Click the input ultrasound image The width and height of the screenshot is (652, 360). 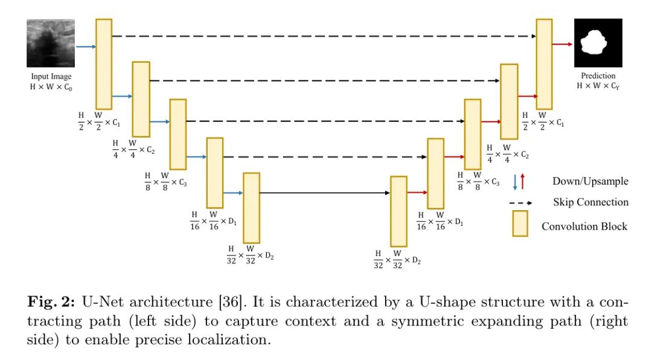coord(51,43)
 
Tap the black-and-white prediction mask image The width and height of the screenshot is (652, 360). coord(598,43)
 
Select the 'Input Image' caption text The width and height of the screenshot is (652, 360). coord(51,77)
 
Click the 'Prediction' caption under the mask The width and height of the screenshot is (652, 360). coord(598,76)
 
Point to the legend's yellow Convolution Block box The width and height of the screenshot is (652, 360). coord(520,223)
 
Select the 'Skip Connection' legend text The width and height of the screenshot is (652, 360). coord(590,202)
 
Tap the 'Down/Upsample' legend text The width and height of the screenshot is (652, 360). coord(590,181)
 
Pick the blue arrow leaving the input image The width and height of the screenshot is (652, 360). coord(85,46)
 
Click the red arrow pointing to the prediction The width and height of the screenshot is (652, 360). coord(563,44)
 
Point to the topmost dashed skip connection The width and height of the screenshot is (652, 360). coord(324,36)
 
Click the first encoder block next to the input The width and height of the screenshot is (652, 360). coord(104,64)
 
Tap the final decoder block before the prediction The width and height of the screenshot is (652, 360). coord(544,64)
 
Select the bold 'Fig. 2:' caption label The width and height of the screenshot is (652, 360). coord(49,303)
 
